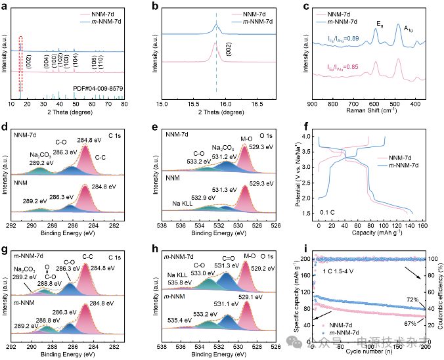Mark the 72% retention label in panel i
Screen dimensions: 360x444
411,300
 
